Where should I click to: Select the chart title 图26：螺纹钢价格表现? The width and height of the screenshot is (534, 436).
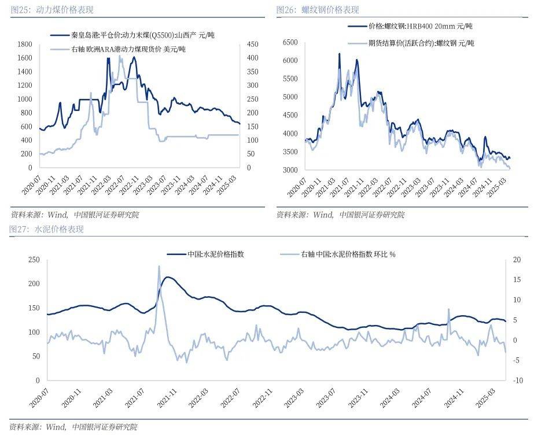coord(318,10)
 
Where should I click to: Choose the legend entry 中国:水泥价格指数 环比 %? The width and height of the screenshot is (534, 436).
coord(347,254)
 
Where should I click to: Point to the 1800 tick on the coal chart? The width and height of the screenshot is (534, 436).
coord(24,44)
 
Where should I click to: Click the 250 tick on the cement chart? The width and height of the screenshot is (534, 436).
coord(33,260)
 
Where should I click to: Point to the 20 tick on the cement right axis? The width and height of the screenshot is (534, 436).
coord(517,260)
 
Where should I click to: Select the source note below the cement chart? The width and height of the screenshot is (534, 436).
coord(74,427)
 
